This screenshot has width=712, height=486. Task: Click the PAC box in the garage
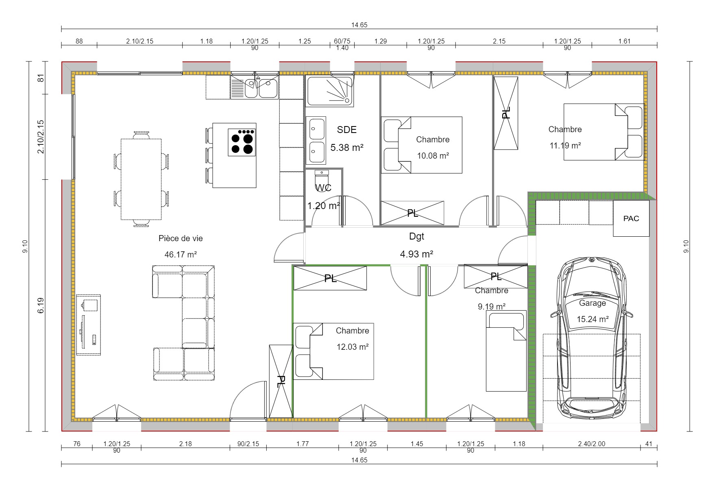(631, 218)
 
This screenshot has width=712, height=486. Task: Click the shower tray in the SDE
(329, 92)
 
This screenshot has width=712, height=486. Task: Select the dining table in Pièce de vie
(141, 179)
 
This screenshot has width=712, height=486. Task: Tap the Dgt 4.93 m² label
(416, 254)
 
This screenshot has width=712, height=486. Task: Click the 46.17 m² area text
(181, 255)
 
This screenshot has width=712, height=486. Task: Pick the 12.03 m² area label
(353, 347)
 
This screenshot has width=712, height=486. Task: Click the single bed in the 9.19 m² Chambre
(506, 352)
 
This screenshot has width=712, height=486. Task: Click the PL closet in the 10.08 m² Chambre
(412, 213)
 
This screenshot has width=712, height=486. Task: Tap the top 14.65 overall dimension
(359, 25)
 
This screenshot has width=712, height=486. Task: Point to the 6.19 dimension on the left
(40, 305)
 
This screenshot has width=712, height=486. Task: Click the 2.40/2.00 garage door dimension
(591, 444)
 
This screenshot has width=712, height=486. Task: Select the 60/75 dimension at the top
(342, 41)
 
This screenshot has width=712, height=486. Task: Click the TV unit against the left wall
(89, 325)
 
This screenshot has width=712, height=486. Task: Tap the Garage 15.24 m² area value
(592, 319)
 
